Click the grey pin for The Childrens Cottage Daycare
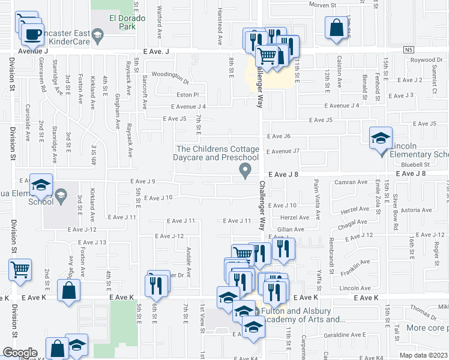[245, 171]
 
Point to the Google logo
[19, 353]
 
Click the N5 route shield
[408, 50]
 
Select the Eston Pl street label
[187, 95]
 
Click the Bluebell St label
[416, 164]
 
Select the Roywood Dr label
[426, 60]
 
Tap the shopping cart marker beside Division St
[20, 269]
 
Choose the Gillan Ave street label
[291, 229]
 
